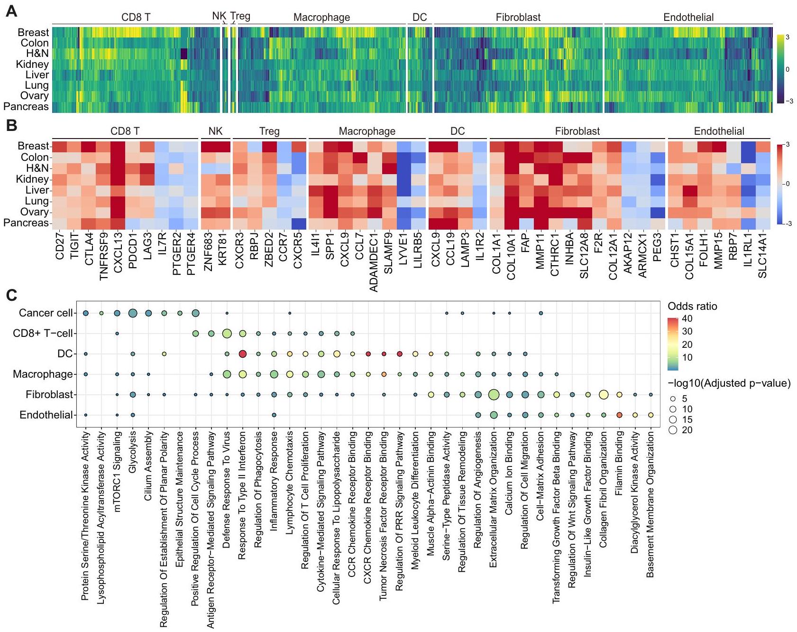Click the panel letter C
11,295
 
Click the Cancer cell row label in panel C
46,313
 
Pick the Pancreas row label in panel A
26,107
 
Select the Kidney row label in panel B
32,179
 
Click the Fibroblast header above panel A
518,18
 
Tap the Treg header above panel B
269,131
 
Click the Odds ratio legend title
692,306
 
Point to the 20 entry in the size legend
687,430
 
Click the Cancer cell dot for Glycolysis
133,313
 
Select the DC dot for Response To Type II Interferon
242,354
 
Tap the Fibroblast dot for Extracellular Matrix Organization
494,394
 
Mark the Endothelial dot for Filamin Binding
619,415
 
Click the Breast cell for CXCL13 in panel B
118,147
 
